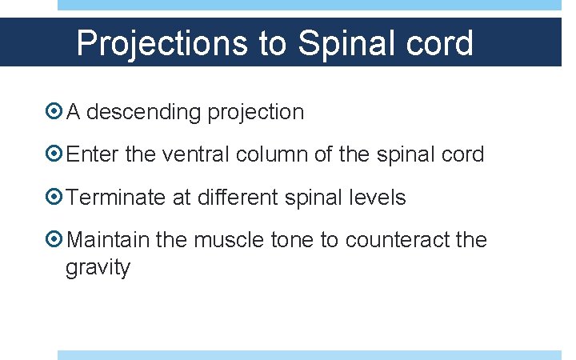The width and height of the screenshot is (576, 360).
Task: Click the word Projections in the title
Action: [x=162, y=43]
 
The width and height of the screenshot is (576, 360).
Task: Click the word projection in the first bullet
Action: [x=255, y=113]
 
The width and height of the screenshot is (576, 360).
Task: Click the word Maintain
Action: [x=109, y=240]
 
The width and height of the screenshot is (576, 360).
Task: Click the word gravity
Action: [x=98, y=268]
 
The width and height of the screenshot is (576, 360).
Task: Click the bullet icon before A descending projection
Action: [x=54, y=112]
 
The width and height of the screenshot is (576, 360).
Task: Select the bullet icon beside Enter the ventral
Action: [x=54, y=154]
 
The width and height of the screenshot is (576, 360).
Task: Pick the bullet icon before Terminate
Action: [x=54, y=197]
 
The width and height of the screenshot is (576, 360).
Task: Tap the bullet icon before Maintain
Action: [x=54, y=240]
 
